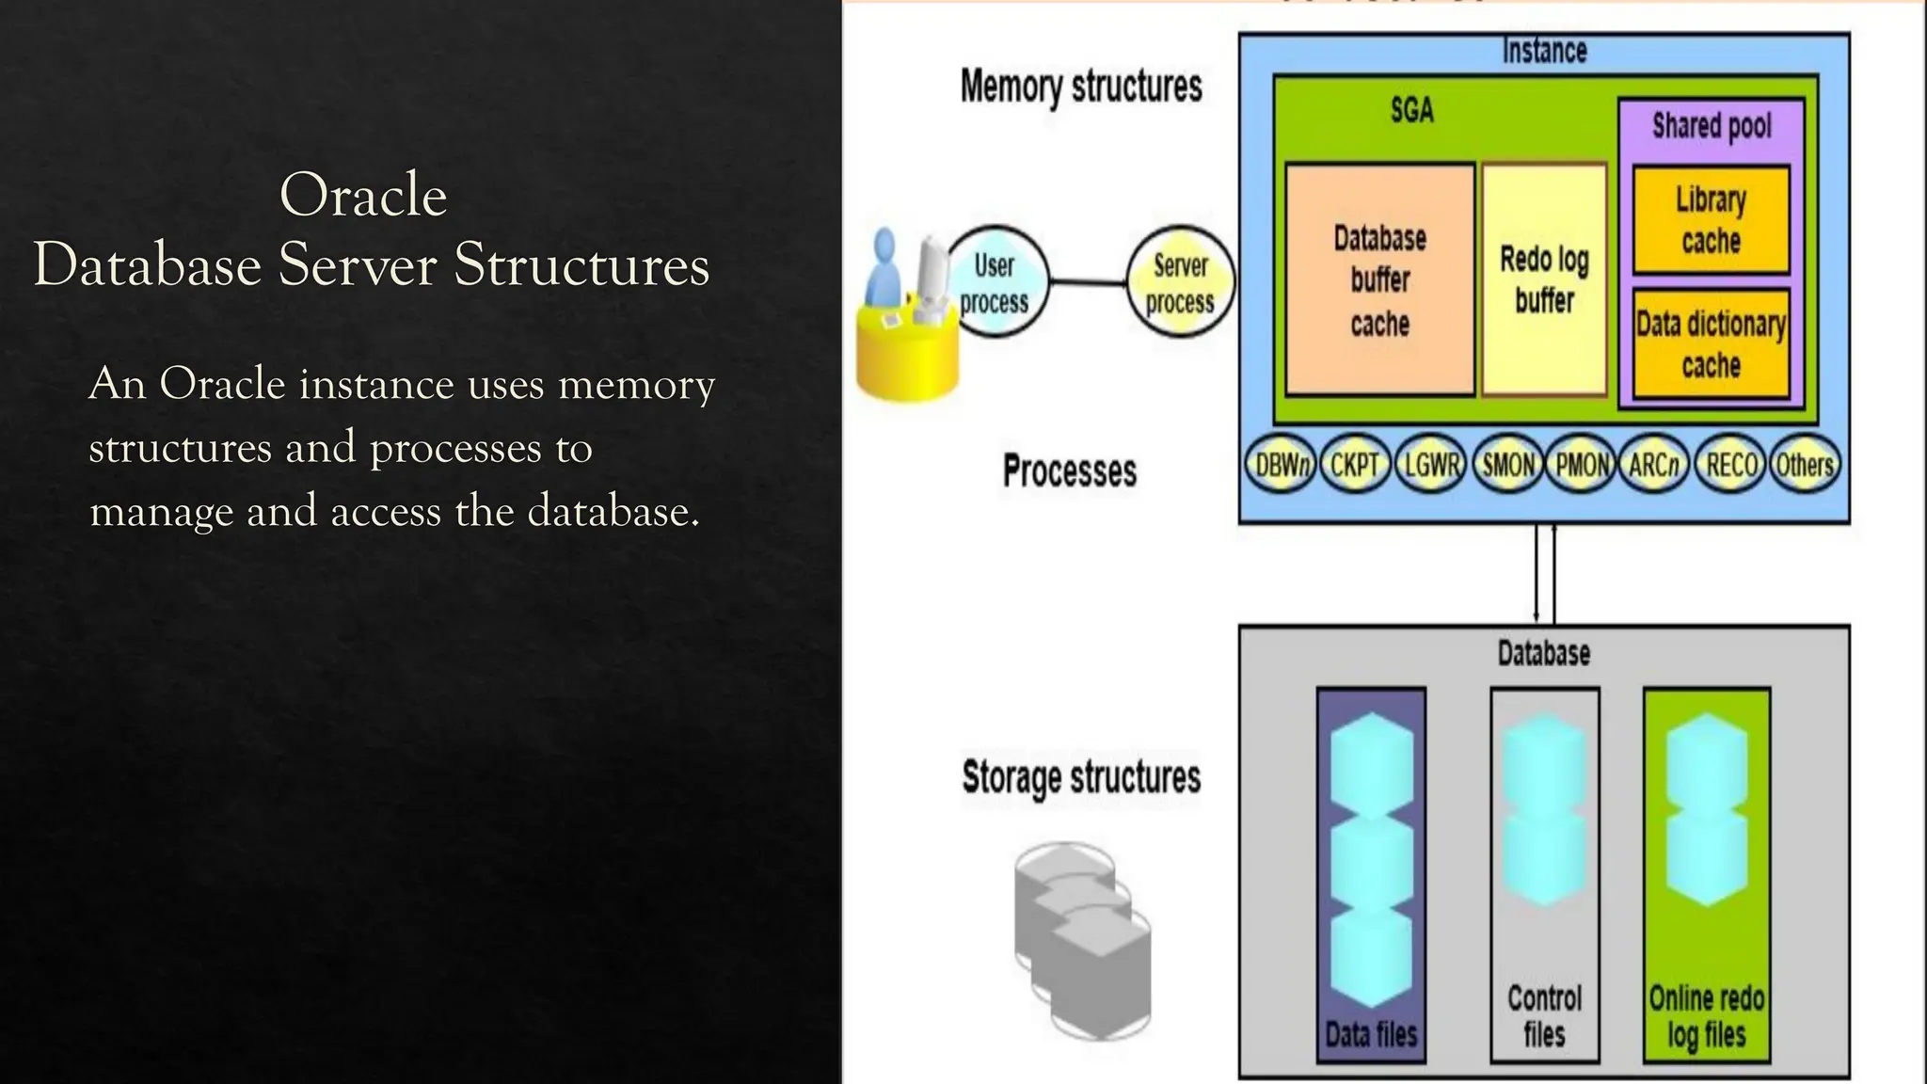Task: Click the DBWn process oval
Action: (x=1280, y=465)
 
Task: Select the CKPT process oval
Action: (x=1355, y=465)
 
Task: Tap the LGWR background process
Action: (x=1431, y=465)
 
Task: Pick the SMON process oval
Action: (x=1508, y=465)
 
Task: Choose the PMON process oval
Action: (x=1582, y=465)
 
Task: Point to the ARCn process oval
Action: (x=1655, y=465)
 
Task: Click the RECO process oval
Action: (x=1731, y=465)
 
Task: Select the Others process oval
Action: (x=1805, y=465)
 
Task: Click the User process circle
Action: (x=996, y=282)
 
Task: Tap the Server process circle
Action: (x=1180, y=282)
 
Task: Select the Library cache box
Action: (x=1711, y=220)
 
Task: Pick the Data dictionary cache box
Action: (x=1711, y=344)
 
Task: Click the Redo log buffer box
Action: (x=1544, y=279)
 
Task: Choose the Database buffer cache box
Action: (x=1379, y=279)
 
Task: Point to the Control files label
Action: (x=1544, y=1015)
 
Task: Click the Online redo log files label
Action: (x=1707, y=1015)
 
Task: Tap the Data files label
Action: (x=1371, y=1034)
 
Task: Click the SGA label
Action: (x=1412, y=111)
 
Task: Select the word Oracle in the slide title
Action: (x=363, y=196)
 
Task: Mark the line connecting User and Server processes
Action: (x=1088, y=281)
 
